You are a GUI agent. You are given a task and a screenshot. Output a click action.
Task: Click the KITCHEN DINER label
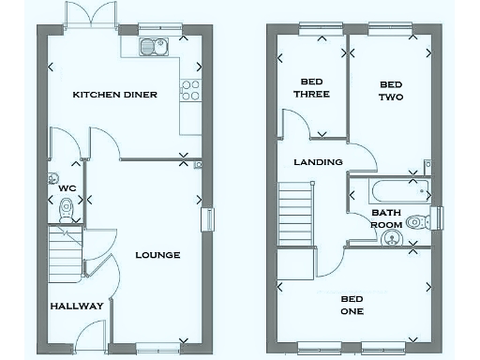click(x=115, y=95)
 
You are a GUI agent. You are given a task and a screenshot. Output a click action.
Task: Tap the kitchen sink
click(x=150, y=46)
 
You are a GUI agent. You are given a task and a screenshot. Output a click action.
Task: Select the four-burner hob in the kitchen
click(x=190, y=91)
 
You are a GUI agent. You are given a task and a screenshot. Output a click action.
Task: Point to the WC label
click(x=65, y=187)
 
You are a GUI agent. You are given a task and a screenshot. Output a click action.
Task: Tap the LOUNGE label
click(x=157, y=255)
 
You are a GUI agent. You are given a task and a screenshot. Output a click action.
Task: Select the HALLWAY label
click(x=71, y=307)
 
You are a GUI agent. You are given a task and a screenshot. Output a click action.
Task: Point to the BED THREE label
click(x=311, y=87)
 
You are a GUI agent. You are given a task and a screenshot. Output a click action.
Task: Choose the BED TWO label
click(x=391, y=90)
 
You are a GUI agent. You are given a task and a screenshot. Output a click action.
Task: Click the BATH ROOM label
click(x=386, y=218)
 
